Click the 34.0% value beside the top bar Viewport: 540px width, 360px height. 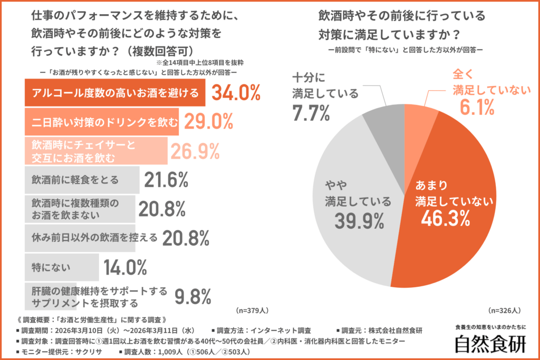tap(236, 93)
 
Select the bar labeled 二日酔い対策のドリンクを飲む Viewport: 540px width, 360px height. tap(102, 122)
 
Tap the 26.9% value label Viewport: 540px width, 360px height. tap(194, 151)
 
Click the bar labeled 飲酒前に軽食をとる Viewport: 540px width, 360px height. tap(82, 180)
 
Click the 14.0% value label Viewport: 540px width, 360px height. tap(125, 268)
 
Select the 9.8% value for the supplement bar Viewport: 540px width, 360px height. tap(193, 296)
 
